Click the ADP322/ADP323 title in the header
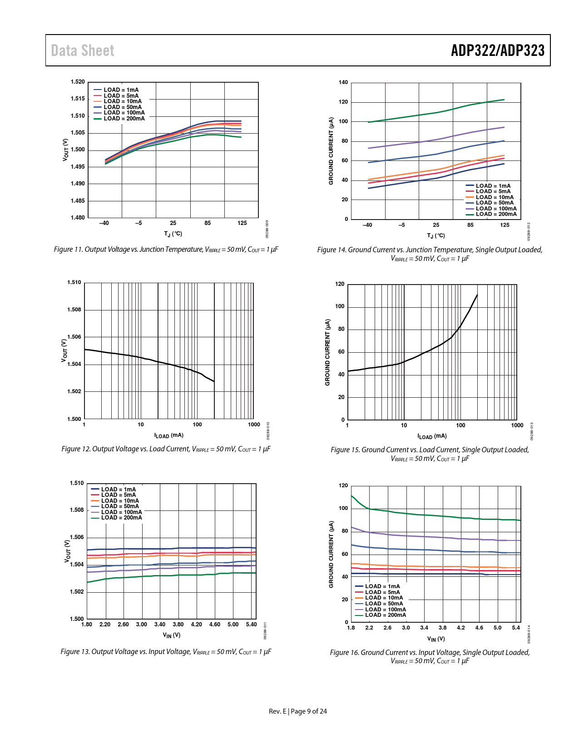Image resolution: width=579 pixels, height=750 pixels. point(497,50)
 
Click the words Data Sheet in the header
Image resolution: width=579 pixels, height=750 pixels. point(83,50)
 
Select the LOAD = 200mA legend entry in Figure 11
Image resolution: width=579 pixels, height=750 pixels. point(119,119)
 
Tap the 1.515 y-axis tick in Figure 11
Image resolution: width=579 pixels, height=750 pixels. point(78,99)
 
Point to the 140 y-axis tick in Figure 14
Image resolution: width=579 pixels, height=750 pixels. point(343,82)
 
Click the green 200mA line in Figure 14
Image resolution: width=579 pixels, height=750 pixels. point(436,113)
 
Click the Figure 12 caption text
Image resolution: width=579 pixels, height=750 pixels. point(166,449)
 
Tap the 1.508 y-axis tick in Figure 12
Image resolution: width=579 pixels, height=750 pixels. point(74,310)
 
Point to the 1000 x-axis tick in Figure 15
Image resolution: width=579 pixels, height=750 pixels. point(517,425)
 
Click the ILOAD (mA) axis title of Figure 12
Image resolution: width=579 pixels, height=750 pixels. point(169,435)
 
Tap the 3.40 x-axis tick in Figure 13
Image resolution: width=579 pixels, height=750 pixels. point(160,625)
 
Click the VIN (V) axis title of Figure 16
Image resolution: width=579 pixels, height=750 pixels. point(436,639)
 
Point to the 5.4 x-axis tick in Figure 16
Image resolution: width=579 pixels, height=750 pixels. point(516,628)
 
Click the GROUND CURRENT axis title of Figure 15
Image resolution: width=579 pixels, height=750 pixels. point(328,352)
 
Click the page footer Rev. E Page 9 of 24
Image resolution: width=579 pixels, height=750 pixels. point(298,711)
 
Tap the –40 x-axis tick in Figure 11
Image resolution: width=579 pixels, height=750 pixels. point(104,223)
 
